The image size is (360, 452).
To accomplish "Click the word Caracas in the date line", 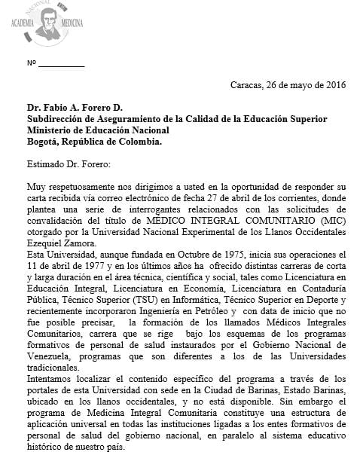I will click(x=250, y=84).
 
